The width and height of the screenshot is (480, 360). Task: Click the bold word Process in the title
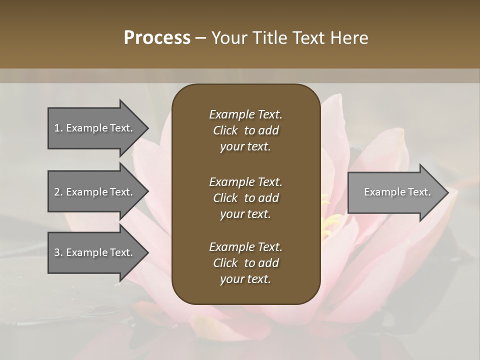pyautogui.click(x=157, y=38)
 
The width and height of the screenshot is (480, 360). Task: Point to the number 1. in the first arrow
pyautogui.click(x=58, y=128)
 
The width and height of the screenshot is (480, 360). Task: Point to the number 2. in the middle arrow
pyautogui.click(x=58, y=192)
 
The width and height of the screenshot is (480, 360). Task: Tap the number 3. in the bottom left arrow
pyautogui.click(x=58, y=252)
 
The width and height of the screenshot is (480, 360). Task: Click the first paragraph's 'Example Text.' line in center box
pyautogui.click(x=245, y=114)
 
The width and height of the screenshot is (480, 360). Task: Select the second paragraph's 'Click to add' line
pyautogui.click(x=245, y=198)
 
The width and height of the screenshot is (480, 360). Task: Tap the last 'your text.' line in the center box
pyautogui.click(x=245, y=279)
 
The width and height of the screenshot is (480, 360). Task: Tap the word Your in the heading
pyautogui.click(x=227, y=38)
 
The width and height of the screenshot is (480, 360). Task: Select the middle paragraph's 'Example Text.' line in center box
pyautogui.click(x=245, y=181)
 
